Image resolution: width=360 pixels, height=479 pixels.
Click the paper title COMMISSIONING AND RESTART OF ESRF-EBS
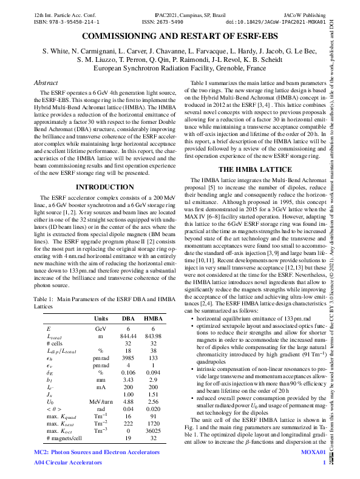(x=180, y=38)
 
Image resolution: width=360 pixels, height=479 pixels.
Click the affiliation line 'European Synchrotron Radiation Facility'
(x=180, y=69)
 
